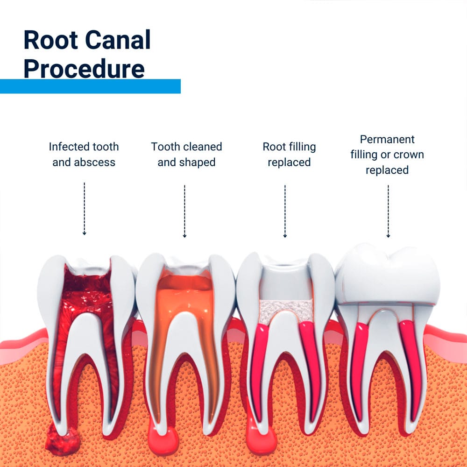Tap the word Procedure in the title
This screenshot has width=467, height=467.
click(84, 68)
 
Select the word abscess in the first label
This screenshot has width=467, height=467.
click(97, 163)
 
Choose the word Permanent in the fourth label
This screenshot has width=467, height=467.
click(387, 139)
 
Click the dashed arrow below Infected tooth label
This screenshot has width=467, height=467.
click(85, 209)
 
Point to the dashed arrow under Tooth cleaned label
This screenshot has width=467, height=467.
click(184, 211)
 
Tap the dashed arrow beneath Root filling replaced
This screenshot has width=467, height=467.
click(285, 211)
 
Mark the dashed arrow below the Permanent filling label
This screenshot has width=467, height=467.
click(388, 211)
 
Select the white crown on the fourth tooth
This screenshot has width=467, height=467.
click(388, 276)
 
